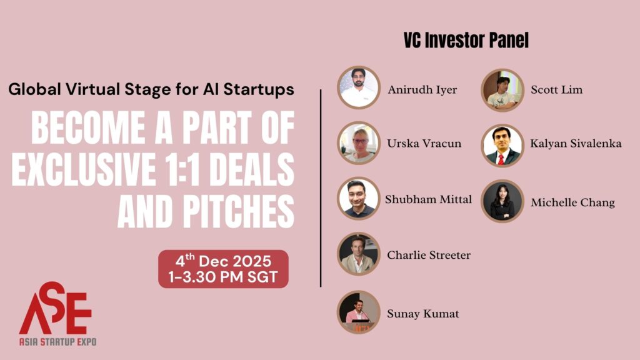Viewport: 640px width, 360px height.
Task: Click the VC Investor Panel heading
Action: [x=466, y=41]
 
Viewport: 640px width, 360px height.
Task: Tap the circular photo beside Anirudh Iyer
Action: [x=359, y=87]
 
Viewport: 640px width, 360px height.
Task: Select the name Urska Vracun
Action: [x=424, y=144]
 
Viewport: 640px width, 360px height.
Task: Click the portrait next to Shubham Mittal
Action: [x=359, y=199]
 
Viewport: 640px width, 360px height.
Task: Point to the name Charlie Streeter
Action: [x=429, y=255]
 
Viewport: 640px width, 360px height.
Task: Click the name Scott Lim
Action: [x=556, y=89]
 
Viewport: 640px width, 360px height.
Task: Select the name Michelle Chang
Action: [x=572, y=202]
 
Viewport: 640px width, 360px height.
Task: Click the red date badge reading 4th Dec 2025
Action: [x=223, y=269]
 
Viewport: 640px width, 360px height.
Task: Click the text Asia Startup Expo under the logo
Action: [x=57, y=342]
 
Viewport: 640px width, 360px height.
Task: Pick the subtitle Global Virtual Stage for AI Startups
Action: [x=151, y=89]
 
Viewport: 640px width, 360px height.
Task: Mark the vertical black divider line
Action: [x=321, y=187]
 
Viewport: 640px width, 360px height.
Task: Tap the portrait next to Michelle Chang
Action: [x=502, y=201]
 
